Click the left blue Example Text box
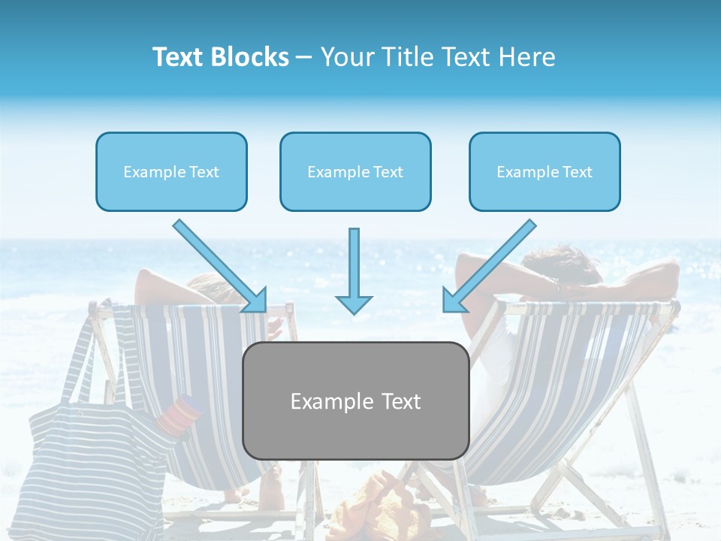point(171,172)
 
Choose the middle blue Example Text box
point(355,172)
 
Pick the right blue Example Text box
point(545,172)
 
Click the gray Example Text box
point(356,400)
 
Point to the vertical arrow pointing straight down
point(354,270)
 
